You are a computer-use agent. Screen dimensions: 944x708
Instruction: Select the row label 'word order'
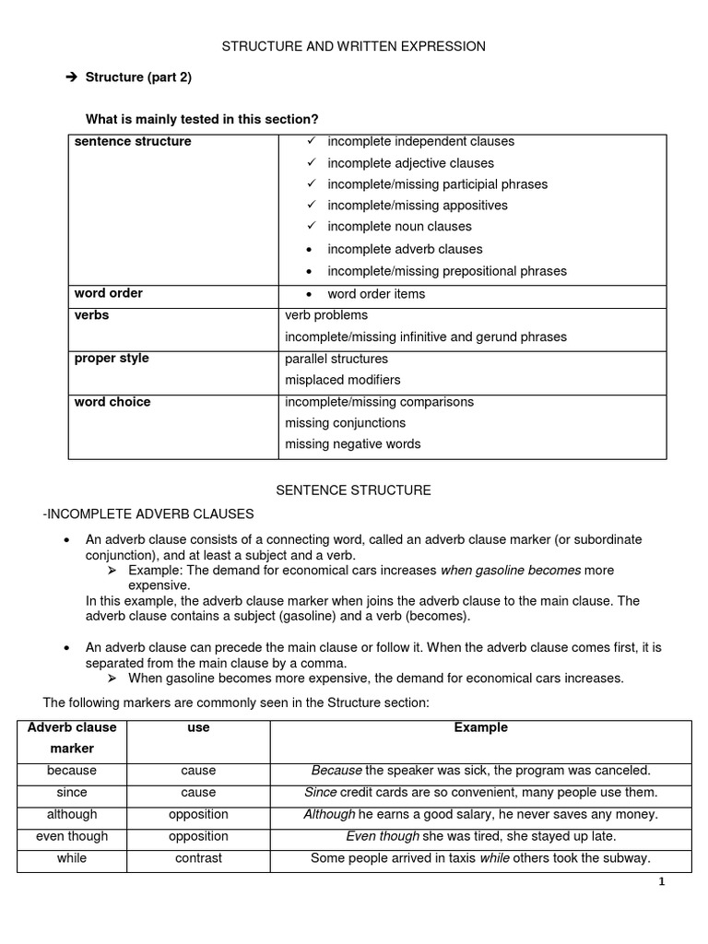109,293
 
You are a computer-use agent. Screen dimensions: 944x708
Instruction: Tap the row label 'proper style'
112,358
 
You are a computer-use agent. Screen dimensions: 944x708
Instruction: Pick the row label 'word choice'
112,402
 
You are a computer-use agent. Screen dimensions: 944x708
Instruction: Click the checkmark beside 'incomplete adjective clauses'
312,162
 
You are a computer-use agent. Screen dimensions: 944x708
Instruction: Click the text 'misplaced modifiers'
343,380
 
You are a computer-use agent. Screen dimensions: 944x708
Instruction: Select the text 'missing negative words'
353,443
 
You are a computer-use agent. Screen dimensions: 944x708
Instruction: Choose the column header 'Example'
480,727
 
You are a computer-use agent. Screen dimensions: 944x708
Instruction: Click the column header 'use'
198,727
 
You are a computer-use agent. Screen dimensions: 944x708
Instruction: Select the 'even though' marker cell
72,836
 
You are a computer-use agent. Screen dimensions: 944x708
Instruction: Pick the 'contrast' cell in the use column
198,858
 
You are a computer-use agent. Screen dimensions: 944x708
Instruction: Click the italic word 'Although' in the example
329,814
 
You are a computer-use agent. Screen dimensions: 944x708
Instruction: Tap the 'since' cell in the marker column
72,792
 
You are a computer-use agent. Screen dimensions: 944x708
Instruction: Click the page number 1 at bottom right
661,881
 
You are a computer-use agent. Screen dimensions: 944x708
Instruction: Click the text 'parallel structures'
336,359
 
